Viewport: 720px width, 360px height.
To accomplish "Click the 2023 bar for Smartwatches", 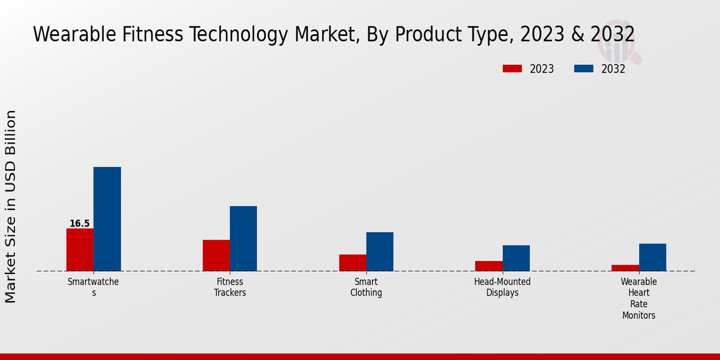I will coord(80,250).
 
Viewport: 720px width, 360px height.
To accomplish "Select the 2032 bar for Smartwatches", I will coord(107,219).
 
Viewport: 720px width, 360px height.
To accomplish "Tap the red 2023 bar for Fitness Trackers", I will coord(216,256).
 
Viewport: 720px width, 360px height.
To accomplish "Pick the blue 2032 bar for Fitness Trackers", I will coord(243,239).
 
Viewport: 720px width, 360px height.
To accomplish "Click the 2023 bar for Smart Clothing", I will coord(352,263).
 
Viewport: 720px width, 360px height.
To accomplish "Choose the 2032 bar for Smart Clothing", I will coord(380,251).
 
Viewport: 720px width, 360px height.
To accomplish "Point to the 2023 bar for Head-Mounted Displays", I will coord(488,266).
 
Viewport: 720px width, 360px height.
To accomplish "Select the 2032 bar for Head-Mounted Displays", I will coord(516,258).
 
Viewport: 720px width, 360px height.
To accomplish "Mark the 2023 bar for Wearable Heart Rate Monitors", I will coord(625,268).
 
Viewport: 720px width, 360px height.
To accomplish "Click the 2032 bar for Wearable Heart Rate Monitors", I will coord(652,257).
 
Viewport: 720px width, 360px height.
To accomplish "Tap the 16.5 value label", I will coord(79,224).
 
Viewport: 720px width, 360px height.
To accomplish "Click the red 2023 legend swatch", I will coord(512,69).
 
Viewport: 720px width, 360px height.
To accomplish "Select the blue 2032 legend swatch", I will coord(583,69).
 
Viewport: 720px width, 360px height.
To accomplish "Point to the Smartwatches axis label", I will coord(93,287).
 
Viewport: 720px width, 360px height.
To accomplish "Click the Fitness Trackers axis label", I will coord(230,287).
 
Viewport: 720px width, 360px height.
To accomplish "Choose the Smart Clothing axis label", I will coord(366,287).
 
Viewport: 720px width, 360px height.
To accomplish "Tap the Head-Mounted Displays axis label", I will coord(502,287).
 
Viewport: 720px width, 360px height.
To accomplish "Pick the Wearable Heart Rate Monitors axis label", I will coord(638,298).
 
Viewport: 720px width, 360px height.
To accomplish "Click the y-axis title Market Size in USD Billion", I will coord(11,206).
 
